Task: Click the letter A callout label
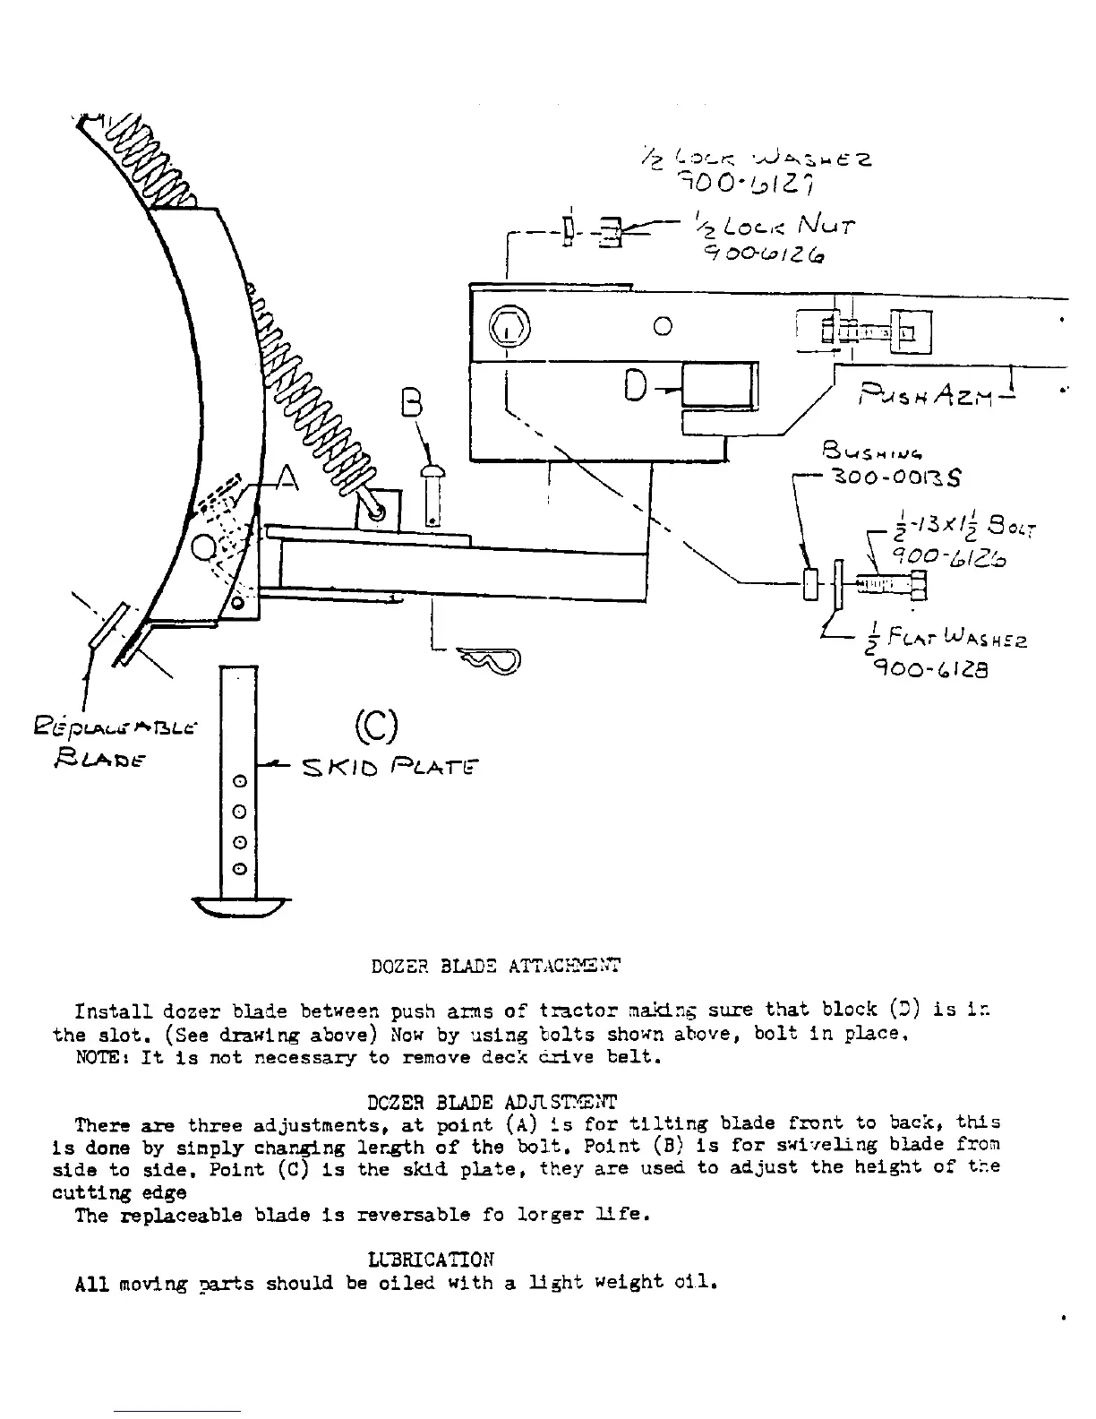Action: click(x=286, y=479)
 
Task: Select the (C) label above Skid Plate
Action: click(x=376, y=726)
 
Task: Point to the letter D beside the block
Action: click(x=636, y=385)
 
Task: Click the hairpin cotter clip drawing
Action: click(x=490, y=659)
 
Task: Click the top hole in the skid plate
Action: click(x=239, y=782)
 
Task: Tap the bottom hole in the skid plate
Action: click(x=239, y=869)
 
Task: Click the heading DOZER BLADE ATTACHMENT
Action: click(x=495, y=966)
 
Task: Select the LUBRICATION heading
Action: click(x=431, y=1260)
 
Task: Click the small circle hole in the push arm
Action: click(x=663, y=326)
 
